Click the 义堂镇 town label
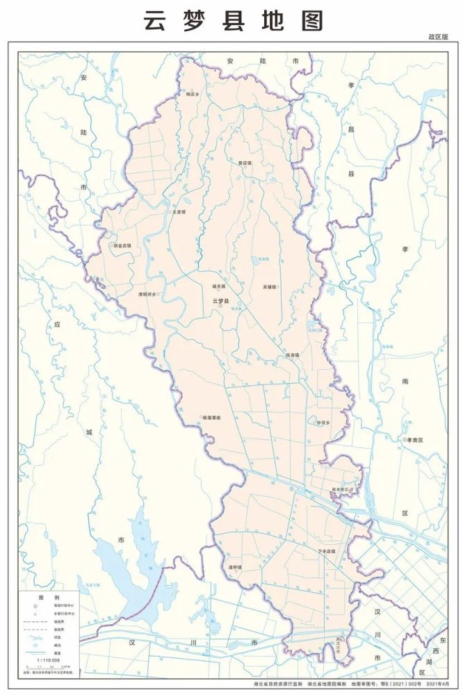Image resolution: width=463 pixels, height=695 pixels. click(179, 213)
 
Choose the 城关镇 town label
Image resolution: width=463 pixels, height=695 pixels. click(219, 286)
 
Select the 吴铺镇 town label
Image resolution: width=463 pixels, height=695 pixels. click(269, 287)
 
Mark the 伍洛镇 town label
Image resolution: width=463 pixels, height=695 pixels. click(292, 355)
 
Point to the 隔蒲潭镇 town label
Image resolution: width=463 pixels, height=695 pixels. click(211, 418)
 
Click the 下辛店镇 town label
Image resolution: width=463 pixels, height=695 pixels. click(326, 551)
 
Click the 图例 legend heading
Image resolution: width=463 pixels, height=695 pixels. click(49, 597)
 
